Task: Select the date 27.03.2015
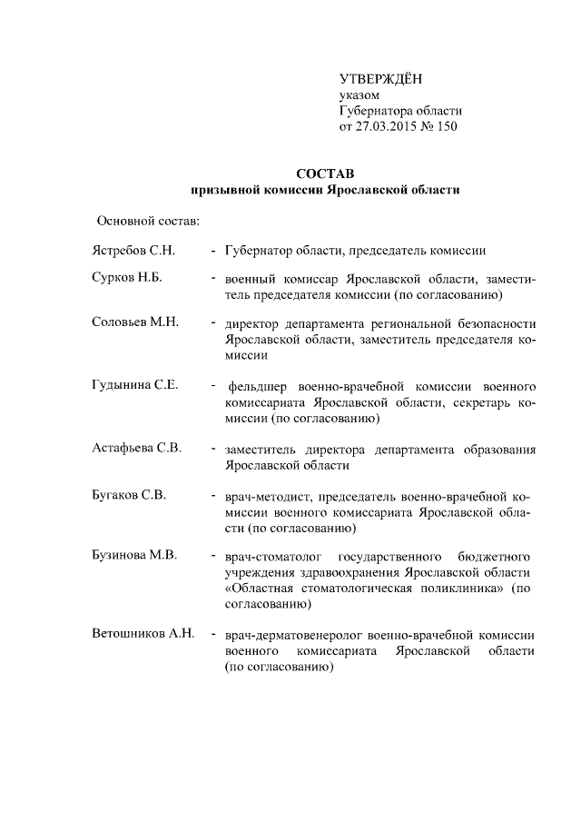389,127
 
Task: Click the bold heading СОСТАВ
326,173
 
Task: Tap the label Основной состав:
148,221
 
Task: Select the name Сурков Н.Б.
126,278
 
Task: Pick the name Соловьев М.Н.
133,323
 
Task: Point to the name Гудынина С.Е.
133,385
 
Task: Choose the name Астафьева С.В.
136,449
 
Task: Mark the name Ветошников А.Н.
143,634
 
